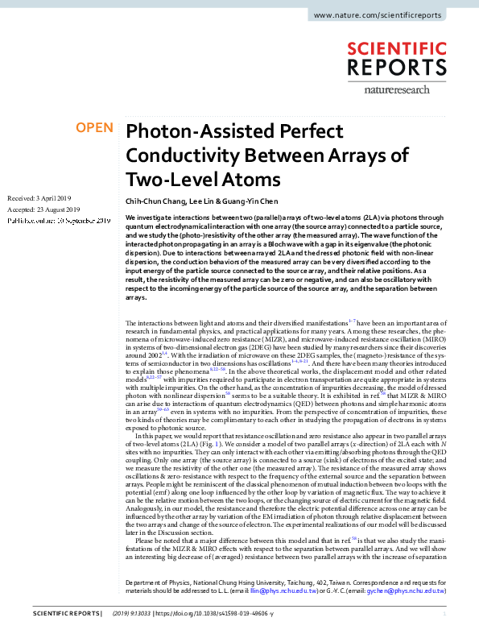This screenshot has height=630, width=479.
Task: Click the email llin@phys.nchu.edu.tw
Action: (281, 591)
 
